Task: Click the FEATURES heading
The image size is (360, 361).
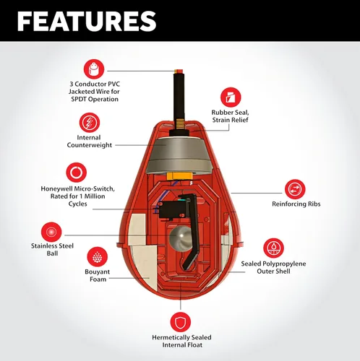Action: (x=87, y=21)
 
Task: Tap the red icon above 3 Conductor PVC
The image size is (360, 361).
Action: (x=94, y=69)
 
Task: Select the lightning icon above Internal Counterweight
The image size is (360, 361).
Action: (x=90, y=123)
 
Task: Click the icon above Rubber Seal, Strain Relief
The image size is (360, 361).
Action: (x=231, y=97)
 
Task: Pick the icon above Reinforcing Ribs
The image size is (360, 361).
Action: (x=295, y=189)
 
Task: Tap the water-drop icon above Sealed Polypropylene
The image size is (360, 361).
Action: (x=273, y=248)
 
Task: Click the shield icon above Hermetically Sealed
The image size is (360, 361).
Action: (x=181, y=322)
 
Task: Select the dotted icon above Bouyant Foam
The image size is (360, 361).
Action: (x=97, y=256)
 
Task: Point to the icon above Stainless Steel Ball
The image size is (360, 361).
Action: (x=51, y=232)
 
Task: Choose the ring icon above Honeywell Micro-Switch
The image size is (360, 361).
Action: (x=77, y=173)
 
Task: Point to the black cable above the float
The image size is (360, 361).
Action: (x=179, y=100)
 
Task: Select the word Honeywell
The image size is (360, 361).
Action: (x=57, y=189)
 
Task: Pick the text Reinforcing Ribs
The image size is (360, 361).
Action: (x=296, y=204)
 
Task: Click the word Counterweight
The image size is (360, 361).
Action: (x=90, y=145)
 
